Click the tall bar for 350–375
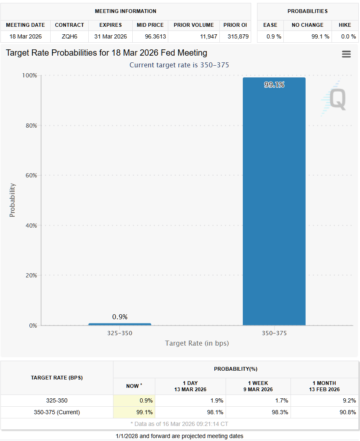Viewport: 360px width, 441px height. (274, 201)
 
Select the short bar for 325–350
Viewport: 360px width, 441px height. (120, 324)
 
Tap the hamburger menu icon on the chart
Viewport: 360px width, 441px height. (346, 54)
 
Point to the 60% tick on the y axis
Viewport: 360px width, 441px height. (31, 175)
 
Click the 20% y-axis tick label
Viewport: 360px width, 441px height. (31, 275)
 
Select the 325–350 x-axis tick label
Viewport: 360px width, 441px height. (120, 333)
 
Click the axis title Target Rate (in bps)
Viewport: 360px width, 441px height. (197, 344)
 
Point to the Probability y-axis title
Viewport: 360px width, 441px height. (12, 200)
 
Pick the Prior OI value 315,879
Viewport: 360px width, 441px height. (235, 36)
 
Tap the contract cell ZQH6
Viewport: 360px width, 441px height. (69, 36)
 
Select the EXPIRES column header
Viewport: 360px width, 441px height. (111, 25)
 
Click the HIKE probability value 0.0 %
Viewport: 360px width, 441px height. (348, 36)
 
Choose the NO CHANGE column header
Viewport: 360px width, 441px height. (307, 25)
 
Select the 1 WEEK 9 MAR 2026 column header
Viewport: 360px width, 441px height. (258, 386)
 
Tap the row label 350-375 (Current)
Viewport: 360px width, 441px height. (57, 412)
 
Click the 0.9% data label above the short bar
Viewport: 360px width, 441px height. (120, 317)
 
